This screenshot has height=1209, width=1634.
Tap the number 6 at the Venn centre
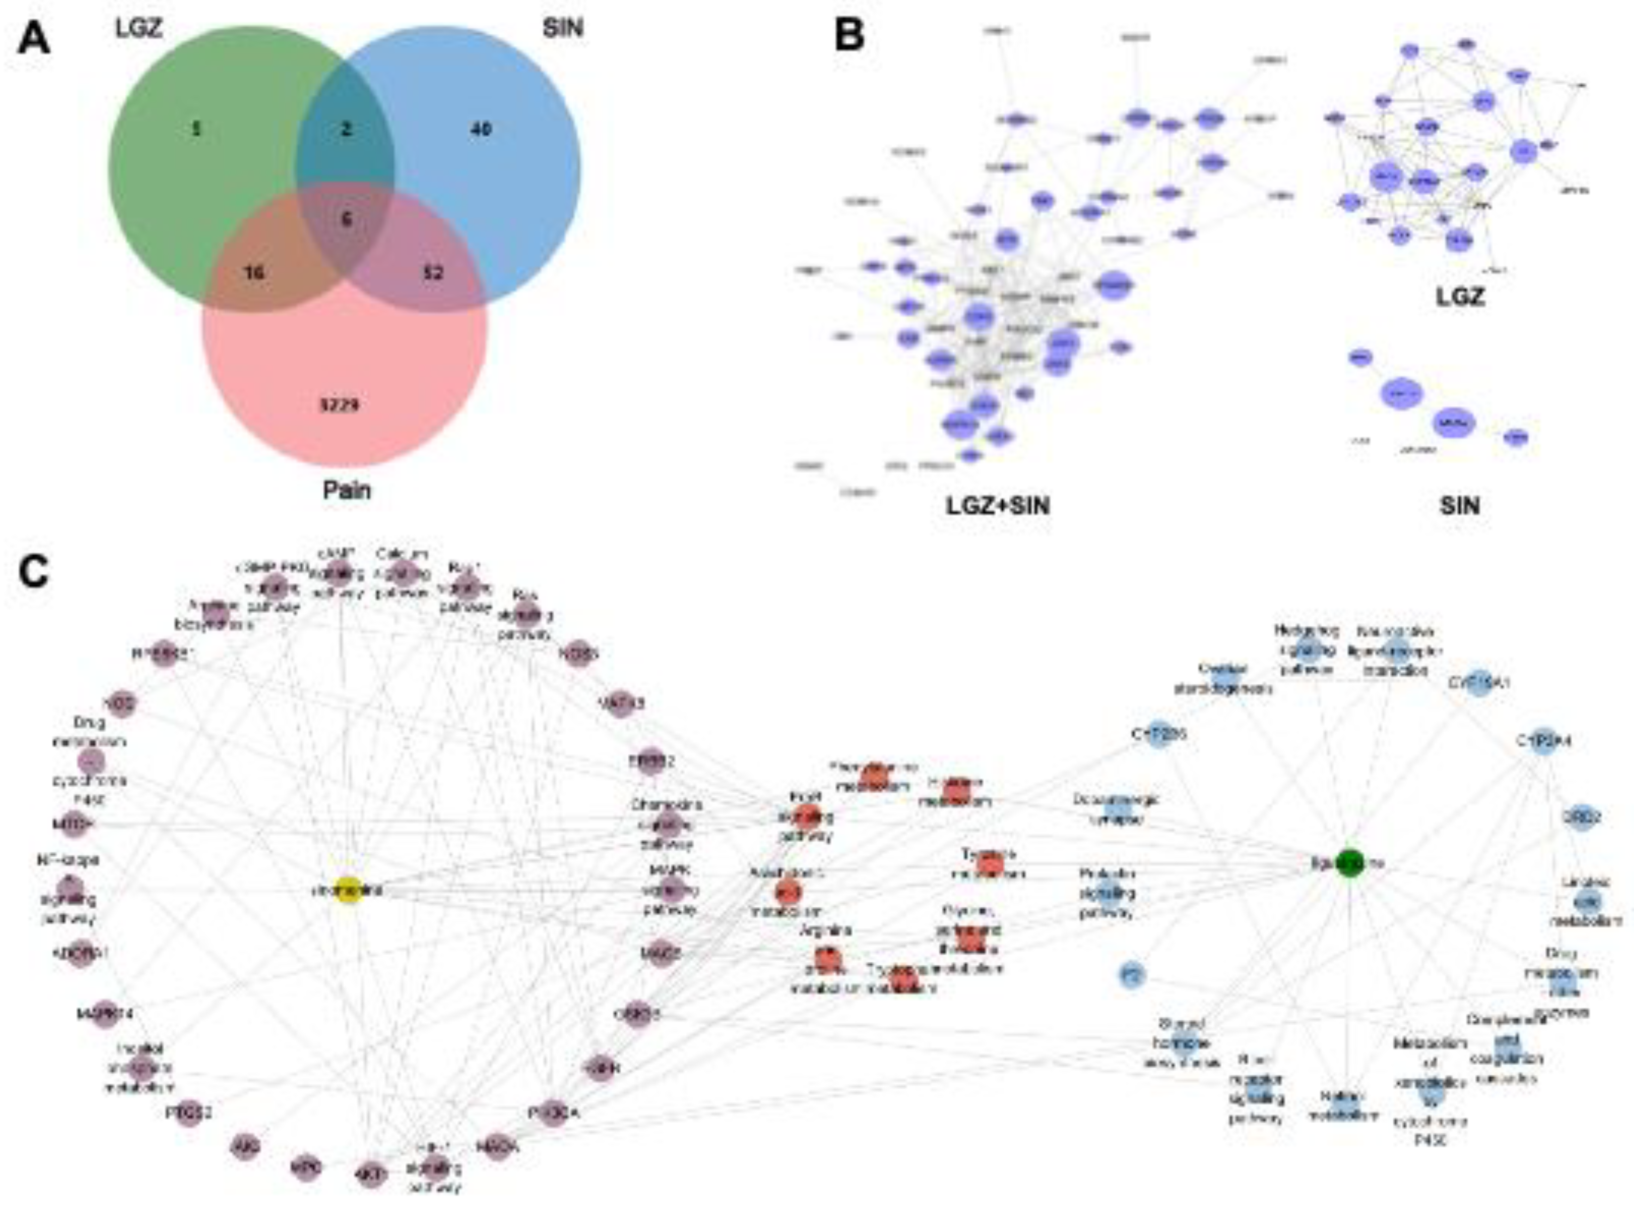click(x=347, y=219)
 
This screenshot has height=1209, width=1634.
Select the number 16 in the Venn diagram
click(x=254, y=273)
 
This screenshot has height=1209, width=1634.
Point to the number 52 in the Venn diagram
click(x=433, y=273)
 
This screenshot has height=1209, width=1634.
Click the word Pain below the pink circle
click(x=347, y=489)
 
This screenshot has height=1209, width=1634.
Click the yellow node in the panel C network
click(x=349, y=891)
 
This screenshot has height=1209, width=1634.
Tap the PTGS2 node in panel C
click(x=189, y=1113)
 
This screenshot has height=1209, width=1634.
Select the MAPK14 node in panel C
click(x=104, y=1014)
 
